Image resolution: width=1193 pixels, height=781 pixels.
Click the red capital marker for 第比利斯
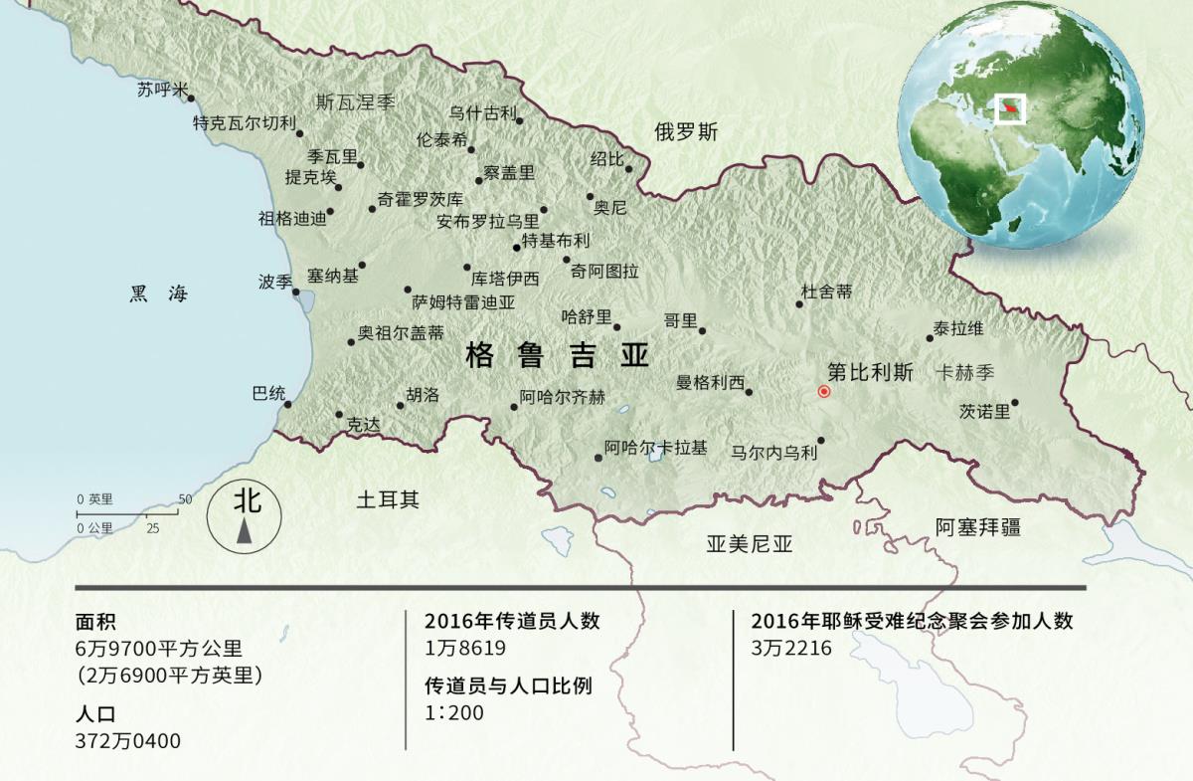823,392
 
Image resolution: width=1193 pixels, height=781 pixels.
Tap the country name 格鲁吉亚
557,356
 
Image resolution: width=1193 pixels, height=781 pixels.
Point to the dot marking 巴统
288,405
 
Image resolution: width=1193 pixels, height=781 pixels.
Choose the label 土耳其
388,499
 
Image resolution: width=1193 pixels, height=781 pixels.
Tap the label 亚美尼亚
750,544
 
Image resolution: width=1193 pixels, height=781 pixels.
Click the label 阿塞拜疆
978,527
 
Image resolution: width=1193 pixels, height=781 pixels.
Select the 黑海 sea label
158,293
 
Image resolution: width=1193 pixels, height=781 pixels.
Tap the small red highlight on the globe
1011,106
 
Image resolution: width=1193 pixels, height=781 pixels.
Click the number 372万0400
128,741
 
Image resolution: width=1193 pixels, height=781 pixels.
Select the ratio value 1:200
453,713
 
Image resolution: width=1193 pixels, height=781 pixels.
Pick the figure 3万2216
791,649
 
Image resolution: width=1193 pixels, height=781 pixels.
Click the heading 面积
95,623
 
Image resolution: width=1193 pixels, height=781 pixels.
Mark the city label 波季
274,282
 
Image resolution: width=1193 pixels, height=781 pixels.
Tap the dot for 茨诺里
1015,403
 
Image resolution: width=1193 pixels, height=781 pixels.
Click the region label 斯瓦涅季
356,101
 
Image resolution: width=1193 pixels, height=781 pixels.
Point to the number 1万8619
465,649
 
